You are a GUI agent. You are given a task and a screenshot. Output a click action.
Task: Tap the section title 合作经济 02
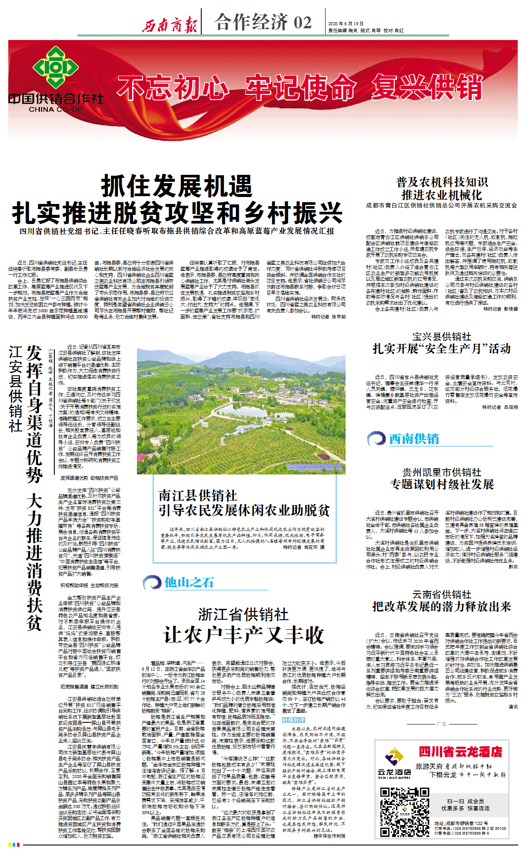[263, 22]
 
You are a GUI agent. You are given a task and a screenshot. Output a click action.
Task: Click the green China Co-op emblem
[56, 67]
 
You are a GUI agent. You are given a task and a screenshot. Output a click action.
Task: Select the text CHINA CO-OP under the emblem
[56, 110]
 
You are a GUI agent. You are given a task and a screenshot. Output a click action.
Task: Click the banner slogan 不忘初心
[173, 87]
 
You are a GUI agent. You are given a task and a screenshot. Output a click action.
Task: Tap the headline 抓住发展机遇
[176, 187]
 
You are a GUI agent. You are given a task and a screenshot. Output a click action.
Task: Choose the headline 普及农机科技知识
[442, 182]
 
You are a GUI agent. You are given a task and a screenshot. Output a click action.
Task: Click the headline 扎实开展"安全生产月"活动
[442, 349]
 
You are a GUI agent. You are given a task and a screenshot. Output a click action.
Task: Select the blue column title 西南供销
[414, 439]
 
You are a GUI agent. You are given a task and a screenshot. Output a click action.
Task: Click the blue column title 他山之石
[189, 582]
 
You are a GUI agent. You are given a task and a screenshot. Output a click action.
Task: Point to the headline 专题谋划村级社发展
[442, 484]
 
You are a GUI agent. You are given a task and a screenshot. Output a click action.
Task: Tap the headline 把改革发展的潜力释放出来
[442, 607]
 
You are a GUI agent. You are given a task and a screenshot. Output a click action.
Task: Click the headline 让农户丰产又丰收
[243, 635]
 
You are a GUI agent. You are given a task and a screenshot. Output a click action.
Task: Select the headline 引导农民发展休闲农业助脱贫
[244, 510]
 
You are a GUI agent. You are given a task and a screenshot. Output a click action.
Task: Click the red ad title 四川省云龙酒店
[460, 752]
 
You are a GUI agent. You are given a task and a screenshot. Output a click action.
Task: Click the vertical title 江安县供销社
[16, 388]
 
